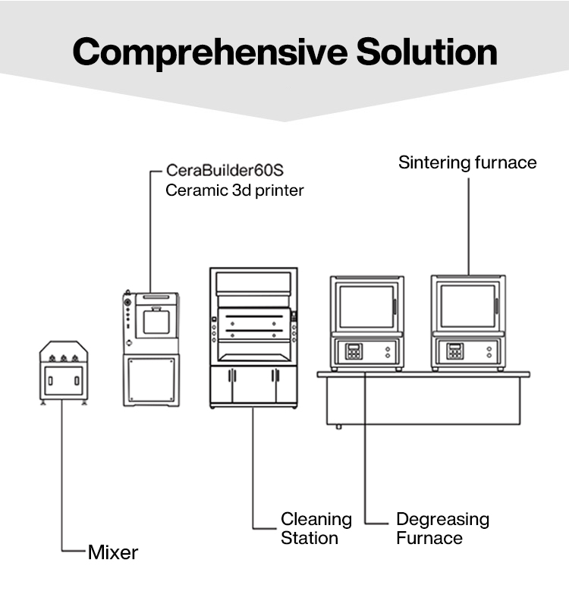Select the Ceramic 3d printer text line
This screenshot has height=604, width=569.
tap(234, 190)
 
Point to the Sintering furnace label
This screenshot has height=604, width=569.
tap(467, 162)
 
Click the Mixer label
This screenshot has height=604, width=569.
tap(113, 552)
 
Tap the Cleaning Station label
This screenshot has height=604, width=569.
tap(316, 529)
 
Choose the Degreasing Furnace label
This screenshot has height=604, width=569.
tap(442, 529)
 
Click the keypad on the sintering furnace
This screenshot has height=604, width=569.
tap(454, 351)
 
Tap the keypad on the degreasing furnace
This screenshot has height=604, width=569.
tap(354, 351)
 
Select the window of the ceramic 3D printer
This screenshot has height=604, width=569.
tap(156, 322)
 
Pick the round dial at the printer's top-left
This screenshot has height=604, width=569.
tap(128, 301)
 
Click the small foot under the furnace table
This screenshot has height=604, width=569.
tap(338, 426)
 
